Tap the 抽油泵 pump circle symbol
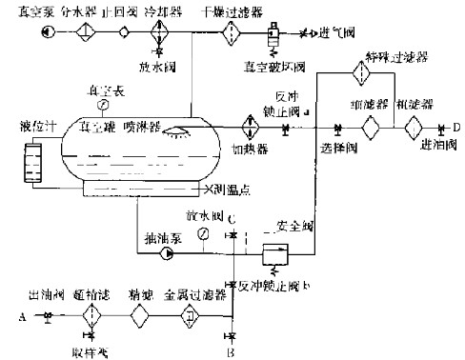(170, 254)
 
